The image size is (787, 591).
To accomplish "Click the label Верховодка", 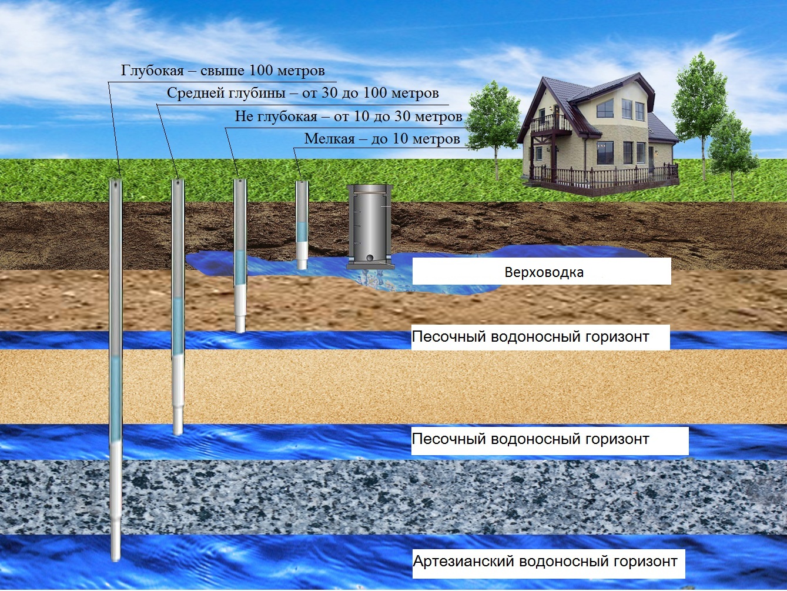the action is (x=544, y=272).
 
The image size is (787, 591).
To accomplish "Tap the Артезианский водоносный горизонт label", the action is (x=545, y=561).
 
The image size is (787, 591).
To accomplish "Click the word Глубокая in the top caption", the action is (x=152, y=71).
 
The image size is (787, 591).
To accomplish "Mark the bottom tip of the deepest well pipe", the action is (x=115, y=561).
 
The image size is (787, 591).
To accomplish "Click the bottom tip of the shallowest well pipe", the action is (x=302, y=268).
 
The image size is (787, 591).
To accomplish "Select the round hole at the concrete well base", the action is (x=370, y=258).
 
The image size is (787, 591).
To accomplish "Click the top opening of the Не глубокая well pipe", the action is (x=240, y=181).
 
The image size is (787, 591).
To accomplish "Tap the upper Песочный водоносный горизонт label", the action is (x=531, y=337).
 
